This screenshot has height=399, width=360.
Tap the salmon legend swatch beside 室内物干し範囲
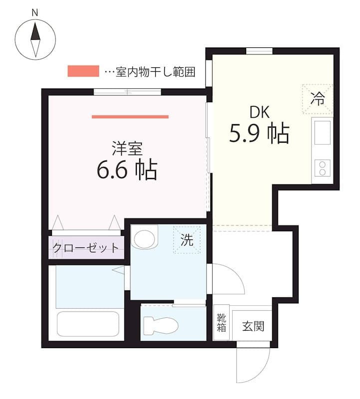pyautogui.click(x=83, y=71)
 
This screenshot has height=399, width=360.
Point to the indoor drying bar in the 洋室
pyautogui.click(x=130, y=117)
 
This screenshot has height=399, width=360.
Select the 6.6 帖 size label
pyautogui.click(x=127, y=170)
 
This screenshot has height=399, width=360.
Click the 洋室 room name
pyautogui.click(x=127, y=148)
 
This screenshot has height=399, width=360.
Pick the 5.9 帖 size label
pyautogui.click(x=259, y=133)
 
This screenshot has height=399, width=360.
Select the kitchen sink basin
pyautogui.click(x=322, y=132)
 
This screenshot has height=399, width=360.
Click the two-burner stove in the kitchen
pyautogui.click(x=322, y=168)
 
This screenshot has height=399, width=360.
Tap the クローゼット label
pyautogui.click(x=86, y=247)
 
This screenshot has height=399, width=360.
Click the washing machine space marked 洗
pyautogui.click(x=187, y=240)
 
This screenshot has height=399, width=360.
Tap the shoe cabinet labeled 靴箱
pyautogui.click(x=221, y=323)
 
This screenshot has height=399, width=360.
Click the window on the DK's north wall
pyautogui.click(x=259, y=51)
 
